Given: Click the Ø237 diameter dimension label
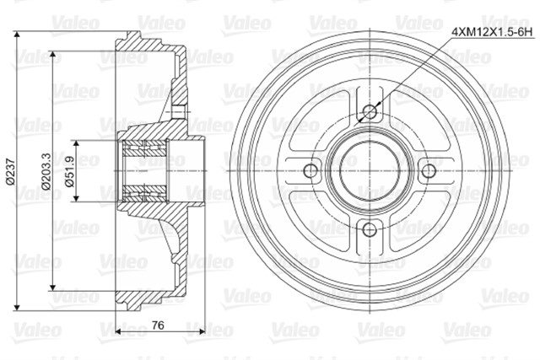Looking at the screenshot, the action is point(11,172).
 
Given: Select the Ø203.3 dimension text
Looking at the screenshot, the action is point(46,171).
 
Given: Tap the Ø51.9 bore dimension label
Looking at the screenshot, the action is point(70,171).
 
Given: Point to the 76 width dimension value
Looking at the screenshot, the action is point(158,325).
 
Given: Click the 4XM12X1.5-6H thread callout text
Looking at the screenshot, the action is point(492,33).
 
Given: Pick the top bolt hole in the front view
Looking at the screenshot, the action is point(370,111).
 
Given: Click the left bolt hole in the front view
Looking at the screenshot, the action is point(311,170).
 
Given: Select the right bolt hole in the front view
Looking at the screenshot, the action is point(429,170).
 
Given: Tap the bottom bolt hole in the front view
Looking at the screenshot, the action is point(370,229).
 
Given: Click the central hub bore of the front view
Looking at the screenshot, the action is point(370,170).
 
